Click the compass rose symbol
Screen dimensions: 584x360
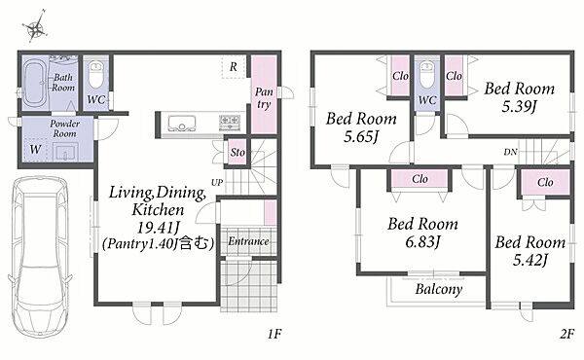[35, 27]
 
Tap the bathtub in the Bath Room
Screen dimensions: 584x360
[34, 83]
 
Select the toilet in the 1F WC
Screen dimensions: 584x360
[96, 75]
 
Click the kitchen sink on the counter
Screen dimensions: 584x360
[182, 124]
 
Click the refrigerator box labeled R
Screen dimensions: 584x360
[234, 67]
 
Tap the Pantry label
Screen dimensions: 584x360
[264, 98]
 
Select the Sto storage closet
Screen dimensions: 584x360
[237, 152]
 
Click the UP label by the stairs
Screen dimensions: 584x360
[217, 182]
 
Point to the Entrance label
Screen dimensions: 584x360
[248, 241]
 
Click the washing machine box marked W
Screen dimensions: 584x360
[35, 150]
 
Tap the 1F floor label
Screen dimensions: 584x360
[274, 334]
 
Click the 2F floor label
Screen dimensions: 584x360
[566, 334]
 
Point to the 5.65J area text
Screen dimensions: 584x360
[360, 137]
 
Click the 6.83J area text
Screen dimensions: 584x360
[422, 242]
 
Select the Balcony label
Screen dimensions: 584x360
[439, 289]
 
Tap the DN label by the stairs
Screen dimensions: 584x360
[510, 152]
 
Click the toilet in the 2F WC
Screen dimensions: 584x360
[427, 75]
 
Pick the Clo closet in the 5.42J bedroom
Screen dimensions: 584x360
[545, 182]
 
